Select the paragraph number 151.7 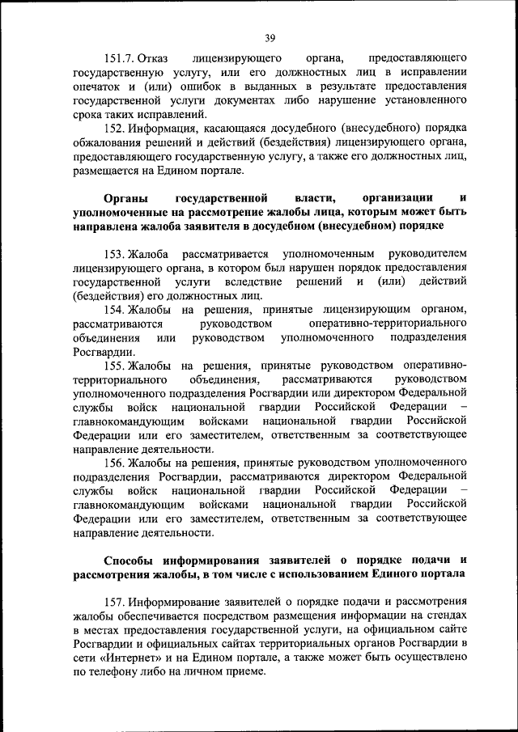tap(119, 59)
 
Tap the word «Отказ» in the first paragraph tap(153, 59)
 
